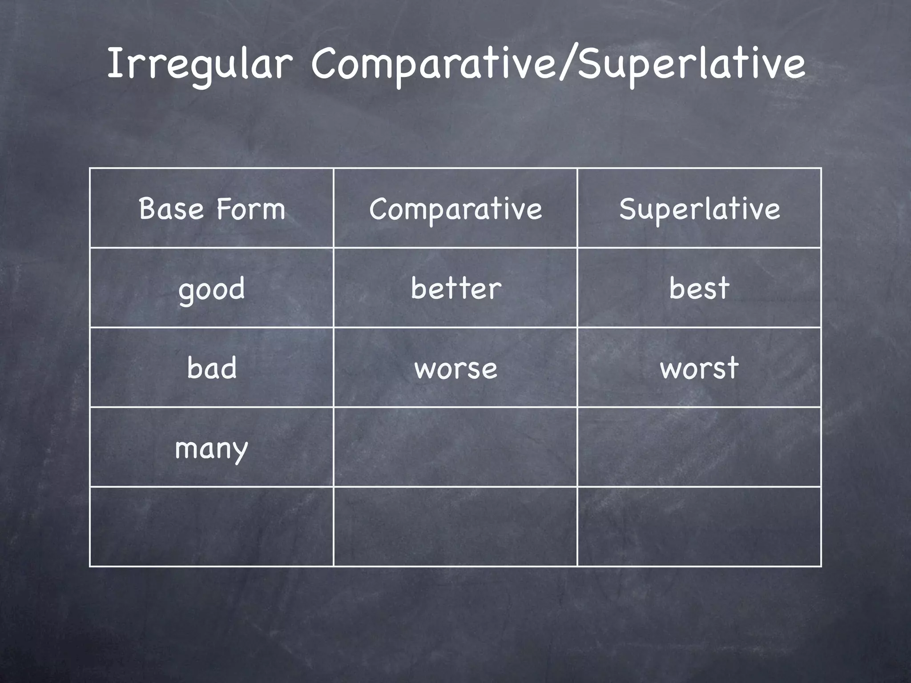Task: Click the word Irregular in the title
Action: [x=199, y=65]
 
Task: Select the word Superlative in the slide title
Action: [x=691, y=65]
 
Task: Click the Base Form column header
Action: [x=212, y=208]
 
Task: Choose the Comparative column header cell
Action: [x=455, y=208]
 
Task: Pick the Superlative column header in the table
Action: [x=699, y=208]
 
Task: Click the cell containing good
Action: [x=212, y=288]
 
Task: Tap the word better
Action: [x=455, y=288]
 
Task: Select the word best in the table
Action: [x=699, y=288]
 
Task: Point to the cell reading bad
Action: [x=212, y=368]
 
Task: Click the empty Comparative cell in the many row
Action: [x=455, y=447]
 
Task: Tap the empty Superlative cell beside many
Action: [x=699, y=447]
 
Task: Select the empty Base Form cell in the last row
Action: [x=212, y=526]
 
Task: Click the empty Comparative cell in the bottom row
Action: [x=455, y=526]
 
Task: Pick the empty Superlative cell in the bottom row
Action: [x=699, y=526]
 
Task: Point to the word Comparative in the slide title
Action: [x=434, y=65]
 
